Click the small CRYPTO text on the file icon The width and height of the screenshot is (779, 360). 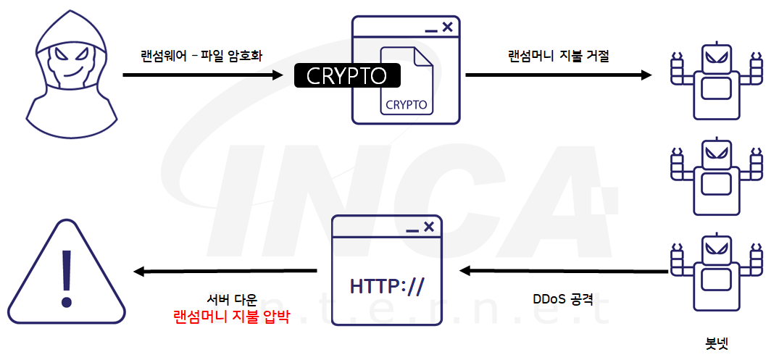(x=406, y=104)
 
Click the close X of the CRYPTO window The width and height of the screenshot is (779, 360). (x=447, y=28)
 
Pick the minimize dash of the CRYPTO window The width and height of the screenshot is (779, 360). (x=431, y=30)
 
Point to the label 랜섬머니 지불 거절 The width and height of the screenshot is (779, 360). (x=559, y=56)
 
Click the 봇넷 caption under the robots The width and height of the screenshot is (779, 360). (x=716, y=341)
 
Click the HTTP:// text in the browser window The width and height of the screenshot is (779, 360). (x=386, y=285)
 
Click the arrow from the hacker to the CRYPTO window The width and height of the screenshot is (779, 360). (x=202, y=75)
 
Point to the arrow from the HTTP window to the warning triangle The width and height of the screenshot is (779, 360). (x=225, y=272)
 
